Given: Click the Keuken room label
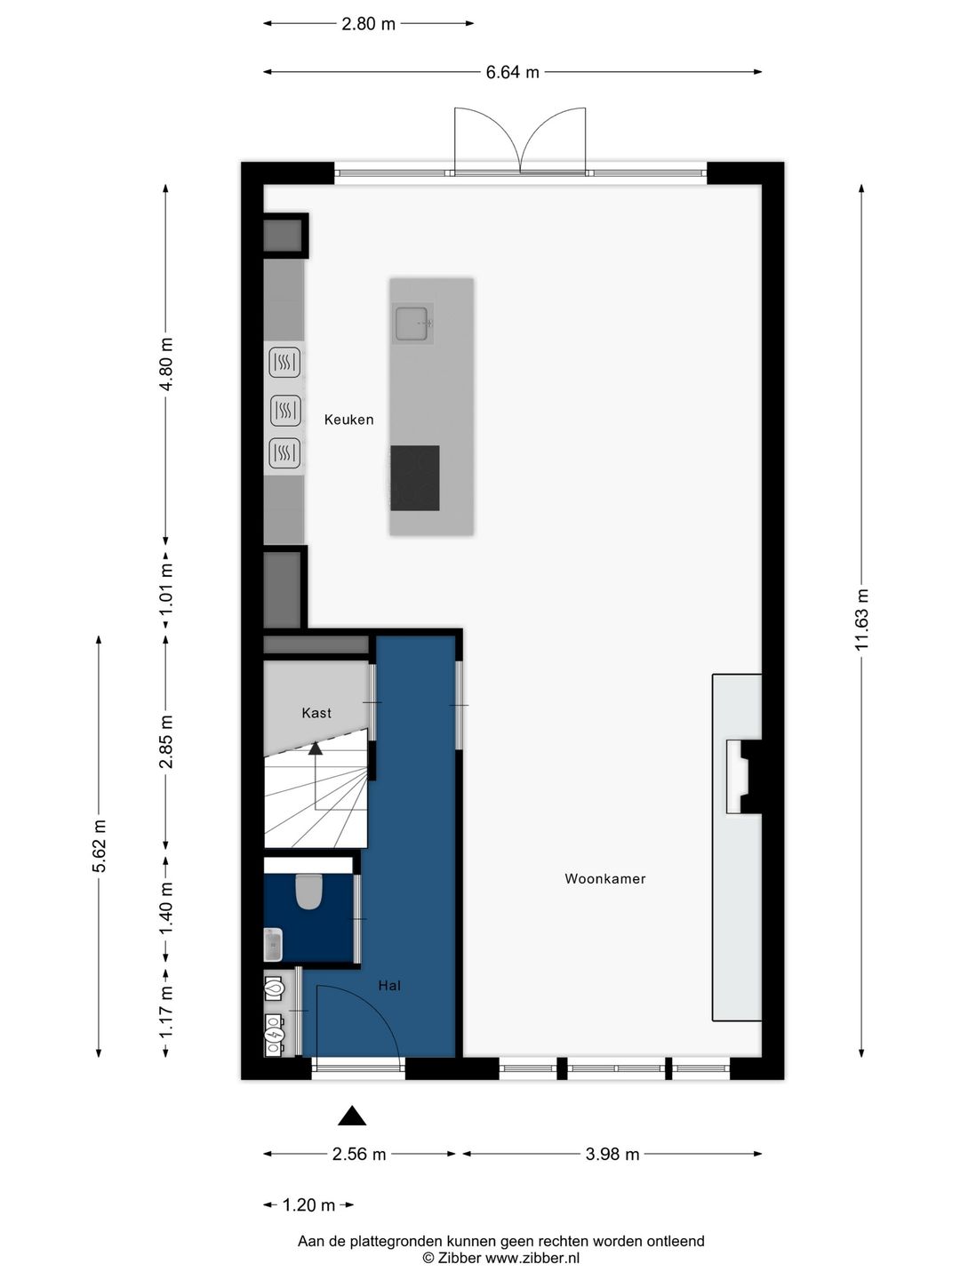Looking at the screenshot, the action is click(348, 420).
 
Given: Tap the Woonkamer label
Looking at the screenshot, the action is click(605, 878).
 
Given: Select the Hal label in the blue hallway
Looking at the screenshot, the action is click(389, 985).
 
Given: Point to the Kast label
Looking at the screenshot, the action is click(316, 713).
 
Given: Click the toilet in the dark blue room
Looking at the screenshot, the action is click(308, 892).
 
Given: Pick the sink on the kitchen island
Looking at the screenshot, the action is click(413, 323).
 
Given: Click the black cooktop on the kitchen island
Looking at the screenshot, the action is click(415, 478).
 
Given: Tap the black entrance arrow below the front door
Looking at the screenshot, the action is click(352, 1116).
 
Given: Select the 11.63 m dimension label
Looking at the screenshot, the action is click(861, 620).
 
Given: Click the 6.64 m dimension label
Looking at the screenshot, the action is click(512, 72).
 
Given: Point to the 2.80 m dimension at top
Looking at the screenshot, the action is click(368, 24).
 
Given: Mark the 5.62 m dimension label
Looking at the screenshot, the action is click(99, 845).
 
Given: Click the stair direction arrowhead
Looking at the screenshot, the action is click(316, 748).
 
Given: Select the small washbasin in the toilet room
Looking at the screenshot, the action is click(273, 945).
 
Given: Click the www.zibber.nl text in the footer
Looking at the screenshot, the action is click(532, 1259).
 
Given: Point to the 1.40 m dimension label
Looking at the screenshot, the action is click(167, 908).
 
